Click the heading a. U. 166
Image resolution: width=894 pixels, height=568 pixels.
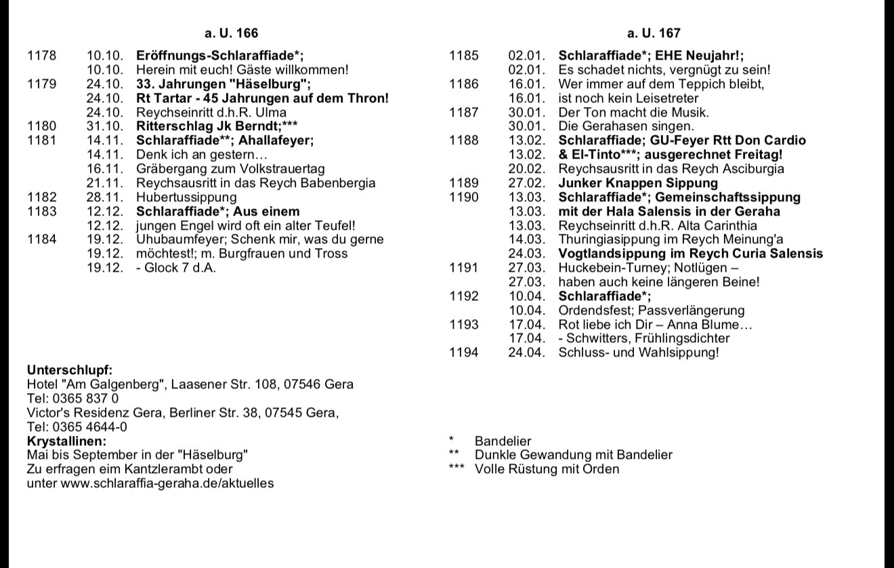pyautogui.click(x=231, y=33)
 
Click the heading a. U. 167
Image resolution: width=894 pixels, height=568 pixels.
pyautogui.click(x=654, y=33)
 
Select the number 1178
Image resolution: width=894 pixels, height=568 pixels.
pyautogui.click(x=42, y=55)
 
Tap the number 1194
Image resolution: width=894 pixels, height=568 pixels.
pyautogui.click(x=465, y=352)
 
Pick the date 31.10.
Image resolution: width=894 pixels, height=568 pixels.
pyautogui.click(x=105, y=126)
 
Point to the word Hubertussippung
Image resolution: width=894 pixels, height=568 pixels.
pyautogui.click(x=186, y=197)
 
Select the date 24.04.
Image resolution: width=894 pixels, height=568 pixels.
pyautogui.click(x=527, y=352)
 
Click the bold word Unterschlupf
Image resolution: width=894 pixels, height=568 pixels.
pyautogui.click(x=69, y=370)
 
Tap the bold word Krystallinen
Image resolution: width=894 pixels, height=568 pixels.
pyautogui.click(x=67, y=441)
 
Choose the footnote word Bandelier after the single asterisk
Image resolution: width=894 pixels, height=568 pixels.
pyautogui.click(x=503, y=441)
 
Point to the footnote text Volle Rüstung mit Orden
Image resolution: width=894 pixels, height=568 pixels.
pyautogui.click(x=547, y=469)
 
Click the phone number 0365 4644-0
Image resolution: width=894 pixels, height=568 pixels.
pyautogui.click(x=89, y=427)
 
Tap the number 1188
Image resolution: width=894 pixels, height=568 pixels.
pyautogui.click(x=465, y=140)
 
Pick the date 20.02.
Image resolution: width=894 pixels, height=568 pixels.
pyautogui.click(x=527, y=169)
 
